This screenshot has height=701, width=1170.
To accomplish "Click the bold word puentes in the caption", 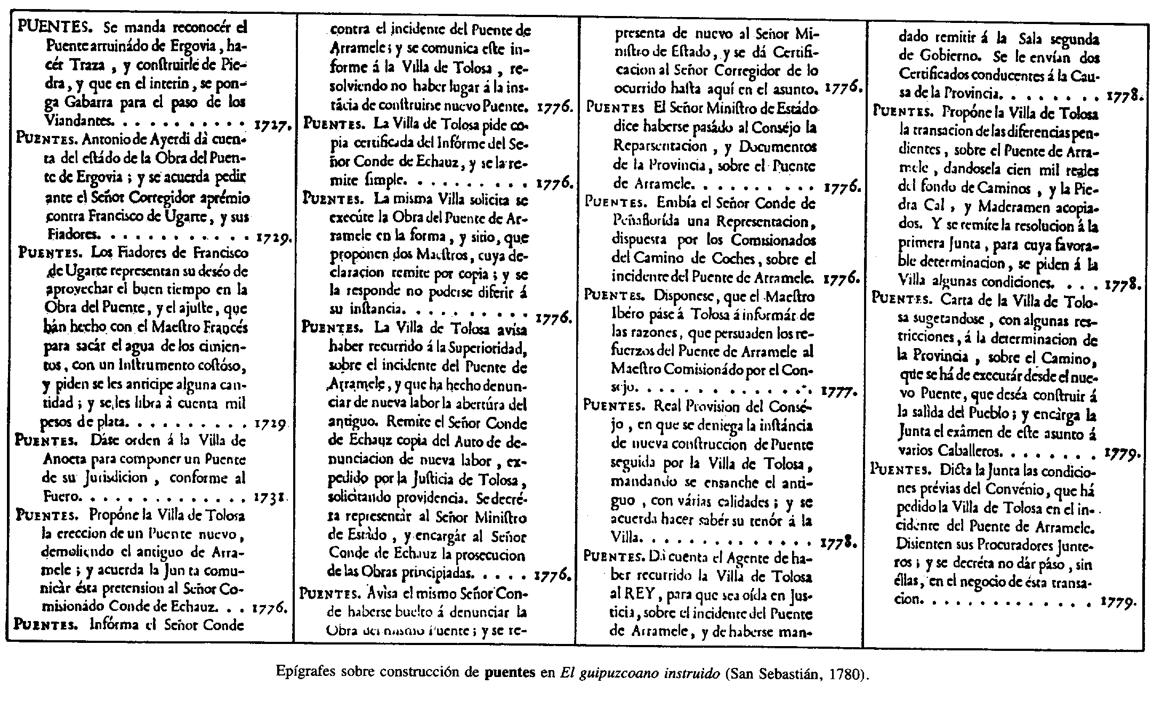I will (x=510, y=673).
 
